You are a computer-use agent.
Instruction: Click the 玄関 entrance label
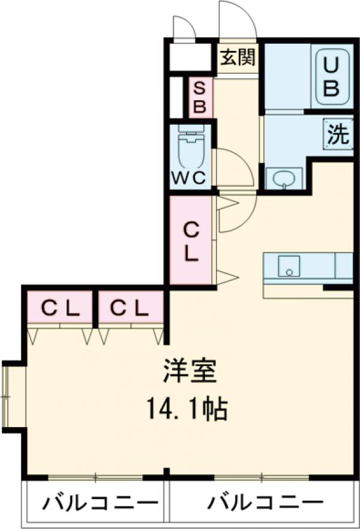(238, 58)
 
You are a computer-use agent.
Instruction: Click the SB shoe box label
(200, 98)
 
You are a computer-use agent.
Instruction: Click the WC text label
(189, 178)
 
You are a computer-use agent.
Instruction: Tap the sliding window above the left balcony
(96, 477)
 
